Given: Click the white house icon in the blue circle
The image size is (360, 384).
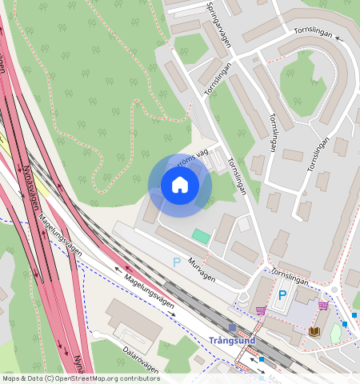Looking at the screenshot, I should tap(180, 186).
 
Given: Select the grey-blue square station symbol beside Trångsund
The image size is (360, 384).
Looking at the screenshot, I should tap(232, 328).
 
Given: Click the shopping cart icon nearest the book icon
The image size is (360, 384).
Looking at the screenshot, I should tap(323, 306).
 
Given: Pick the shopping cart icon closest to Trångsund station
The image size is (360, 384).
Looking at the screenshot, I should tap(261, 310).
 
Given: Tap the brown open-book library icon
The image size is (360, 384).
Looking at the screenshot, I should tap(314, 330).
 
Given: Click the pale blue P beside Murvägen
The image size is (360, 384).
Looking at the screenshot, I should tap(177, 262).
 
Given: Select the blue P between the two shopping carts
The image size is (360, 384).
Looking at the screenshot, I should tap(282, 295).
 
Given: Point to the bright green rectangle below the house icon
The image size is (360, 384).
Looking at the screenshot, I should tap(200, 236).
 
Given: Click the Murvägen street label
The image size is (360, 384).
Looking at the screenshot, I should tap(202, 273).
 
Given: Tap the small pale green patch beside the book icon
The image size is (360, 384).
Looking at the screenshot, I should tap(336, 334).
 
